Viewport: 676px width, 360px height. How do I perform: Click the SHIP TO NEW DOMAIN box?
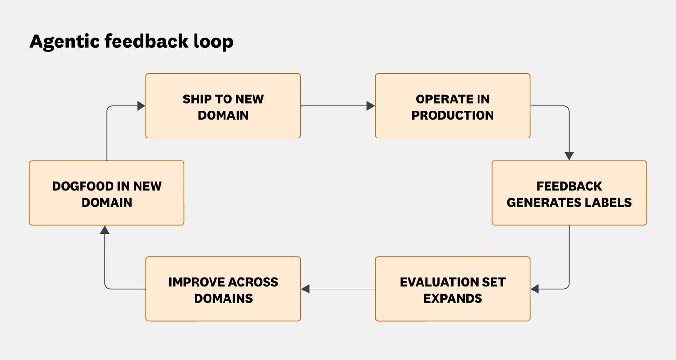[x=223, y=106]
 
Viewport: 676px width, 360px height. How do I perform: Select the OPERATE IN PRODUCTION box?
[x=452, y=106]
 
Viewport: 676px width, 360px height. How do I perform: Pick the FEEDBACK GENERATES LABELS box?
[x=569, y=193]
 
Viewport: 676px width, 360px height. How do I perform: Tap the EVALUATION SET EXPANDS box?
[x=452, y=289]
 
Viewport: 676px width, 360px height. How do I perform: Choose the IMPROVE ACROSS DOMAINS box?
[x=223, y=289]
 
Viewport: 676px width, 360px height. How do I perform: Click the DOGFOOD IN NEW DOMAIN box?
[x=107, y=193]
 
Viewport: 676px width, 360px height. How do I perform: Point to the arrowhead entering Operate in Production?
[x=371, y=106]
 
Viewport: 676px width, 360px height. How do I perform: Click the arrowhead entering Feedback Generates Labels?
[x=569, y=156]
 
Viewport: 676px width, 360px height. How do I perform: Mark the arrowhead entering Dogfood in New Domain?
[x=105, y=230]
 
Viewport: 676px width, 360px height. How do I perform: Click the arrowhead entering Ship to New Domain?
[x=141, y=106]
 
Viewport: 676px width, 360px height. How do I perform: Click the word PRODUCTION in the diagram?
[x=452, y=115]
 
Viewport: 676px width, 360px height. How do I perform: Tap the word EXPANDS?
[x=452, y=298]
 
